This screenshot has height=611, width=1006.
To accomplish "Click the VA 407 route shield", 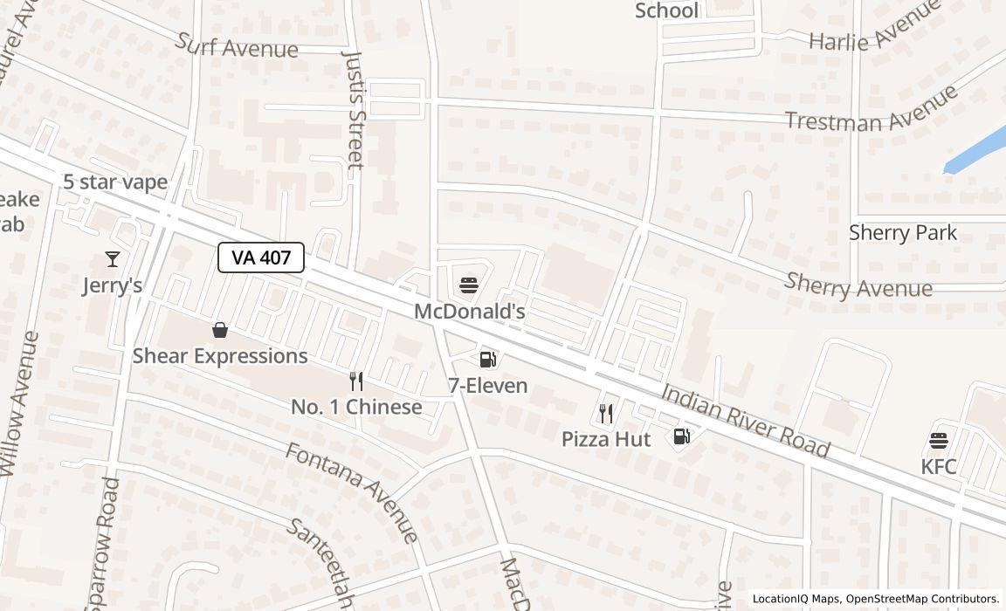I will coord(260,257).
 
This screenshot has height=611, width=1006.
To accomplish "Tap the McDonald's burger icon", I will coord(468,285).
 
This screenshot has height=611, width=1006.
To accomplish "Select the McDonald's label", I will coord(469,311).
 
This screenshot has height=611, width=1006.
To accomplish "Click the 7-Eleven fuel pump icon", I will coord(487,359).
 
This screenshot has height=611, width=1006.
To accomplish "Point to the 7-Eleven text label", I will coord(487,385).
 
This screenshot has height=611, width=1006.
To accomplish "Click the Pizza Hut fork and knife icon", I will coord(605,413).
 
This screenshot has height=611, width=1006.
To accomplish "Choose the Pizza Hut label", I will coord(605,438).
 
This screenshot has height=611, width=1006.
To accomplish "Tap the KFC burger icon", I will coord(939,440).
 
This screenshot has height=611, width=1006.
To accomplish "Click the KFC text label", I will coord(939,466).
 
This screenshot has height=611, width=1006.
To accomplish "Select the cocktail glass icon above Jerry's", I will coord(113,259).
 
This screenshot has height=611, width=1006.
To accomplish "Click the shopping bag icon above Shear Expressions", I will coord(220,330).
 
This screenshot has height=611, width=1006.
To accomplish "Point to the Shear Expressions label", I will coord(220,356).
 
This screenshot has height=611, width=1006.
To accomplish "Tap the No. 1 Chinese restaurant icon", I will coord(355,381).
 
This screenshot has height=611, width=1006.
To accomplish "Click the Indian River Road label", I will coord(744,419).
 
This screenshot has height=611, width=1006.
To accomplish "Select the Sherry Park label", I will coord(903,233).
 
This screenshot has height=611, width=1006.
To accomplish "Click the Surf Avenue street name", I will coord(237,45).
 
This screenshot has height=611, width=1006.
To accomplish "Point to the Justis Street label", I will coord(353,109).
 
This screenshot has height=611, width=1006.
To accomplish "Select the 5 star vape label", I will coord(115,182).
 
